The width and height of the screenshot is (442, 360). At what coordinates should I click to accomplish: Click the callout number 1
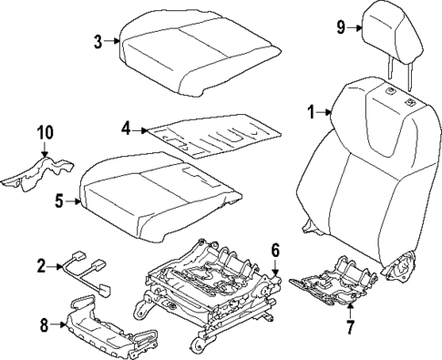[x=311, y=112]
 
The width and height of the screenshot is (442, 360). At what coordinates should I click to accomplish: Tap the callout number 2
[x=41, y=265]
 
